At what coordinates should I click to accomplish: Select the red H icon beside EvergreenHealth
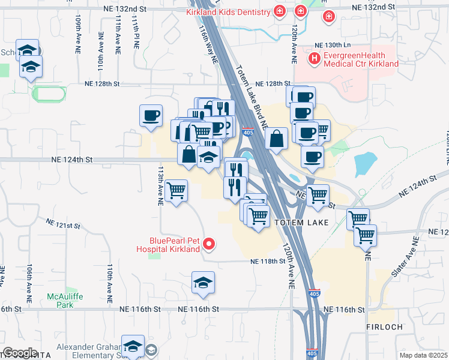tap(313, 58)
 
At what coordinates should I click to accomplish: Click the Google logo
tap(19, 352)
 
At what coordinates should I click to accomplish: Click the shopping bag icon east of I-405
tap(276, 139)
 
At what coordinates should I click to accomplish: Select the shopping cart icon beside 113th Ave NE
tap(176, 191)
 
